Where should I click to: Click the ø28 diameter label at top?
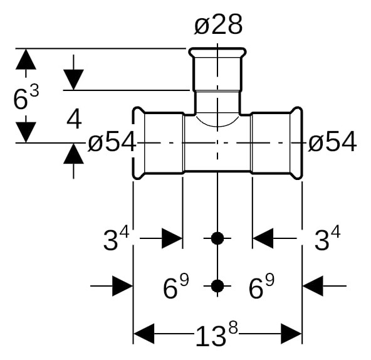(x=218, y=24)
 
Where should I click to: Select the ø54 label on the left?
(x=112, y=141)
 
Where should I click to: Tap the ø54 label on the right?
(x=332, y=141)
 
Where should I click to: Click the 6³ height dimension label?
(x=26, y=97)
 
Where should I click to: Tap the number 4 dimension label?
(x=74, y=120)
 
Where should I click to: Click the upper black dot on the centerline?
(x=217, y=238)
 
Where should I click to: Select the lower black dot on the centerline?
(x=217, y=286)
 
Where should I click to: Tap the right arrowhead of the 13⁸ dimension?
(x=291, y=334)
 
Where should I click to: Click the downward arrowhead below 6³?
(x=26, y=132)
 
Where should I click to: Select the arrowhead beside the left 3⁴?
(x=172, y=238)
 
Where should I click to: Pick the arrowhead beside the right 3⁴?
(x=263, y=238)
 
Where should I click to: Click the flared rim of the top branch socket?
(x=217, y=50)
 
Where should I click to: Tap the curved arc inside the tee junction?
(x=217, y=124)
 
